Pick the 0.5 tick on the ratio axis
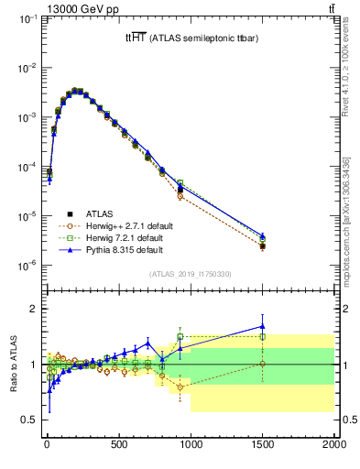click(31, 420)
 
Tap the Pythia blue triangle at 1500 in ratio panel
click(263, 325)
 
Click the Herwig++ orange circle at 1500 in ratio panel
click(263, 364)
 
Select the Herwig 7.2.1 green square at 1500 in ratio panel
click(263, 336)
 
